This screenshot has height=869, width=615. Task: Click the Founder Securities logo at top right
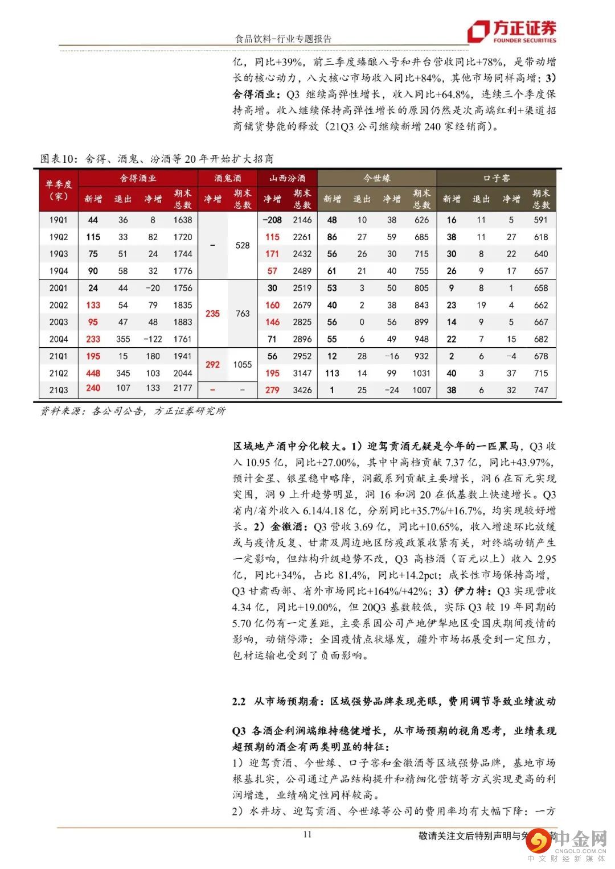(511, 32)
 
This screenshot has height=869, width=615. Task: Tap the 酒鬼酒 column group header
(228, 178)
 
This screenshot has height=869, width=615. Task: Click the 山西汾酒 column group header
(288, 178)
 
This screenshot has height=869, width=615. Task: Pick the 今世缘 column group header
(377, 178)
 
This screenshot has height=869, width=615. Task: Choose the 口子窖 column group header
(497, 178)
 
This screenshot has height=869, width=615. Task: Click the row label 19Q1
(59, 220)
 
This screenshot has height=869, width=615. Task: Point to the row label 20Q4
(59, 339)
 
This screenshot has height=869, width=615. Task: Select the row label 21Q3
(59, 390)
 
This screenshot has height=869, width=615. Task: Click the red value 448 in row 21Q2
(93, 373)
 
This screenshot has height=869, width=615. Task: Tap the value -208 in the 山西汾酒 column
(272, 220)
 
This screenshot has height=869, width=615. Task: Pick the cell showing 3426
(302, 390)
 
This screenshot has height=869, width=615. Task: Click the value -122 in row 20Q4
(153, 339)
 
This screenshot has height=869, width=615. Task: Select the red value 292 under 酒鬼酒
(212, 364)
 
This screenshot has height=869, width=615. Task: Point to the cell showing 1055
(243, 364)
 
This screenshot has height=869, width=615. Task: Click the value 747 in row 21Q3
(541, 390)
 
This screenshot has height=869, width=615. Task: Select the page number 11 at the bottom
(307, 835)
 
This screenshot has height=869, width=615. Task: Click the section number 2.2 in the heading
(239, 702)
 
